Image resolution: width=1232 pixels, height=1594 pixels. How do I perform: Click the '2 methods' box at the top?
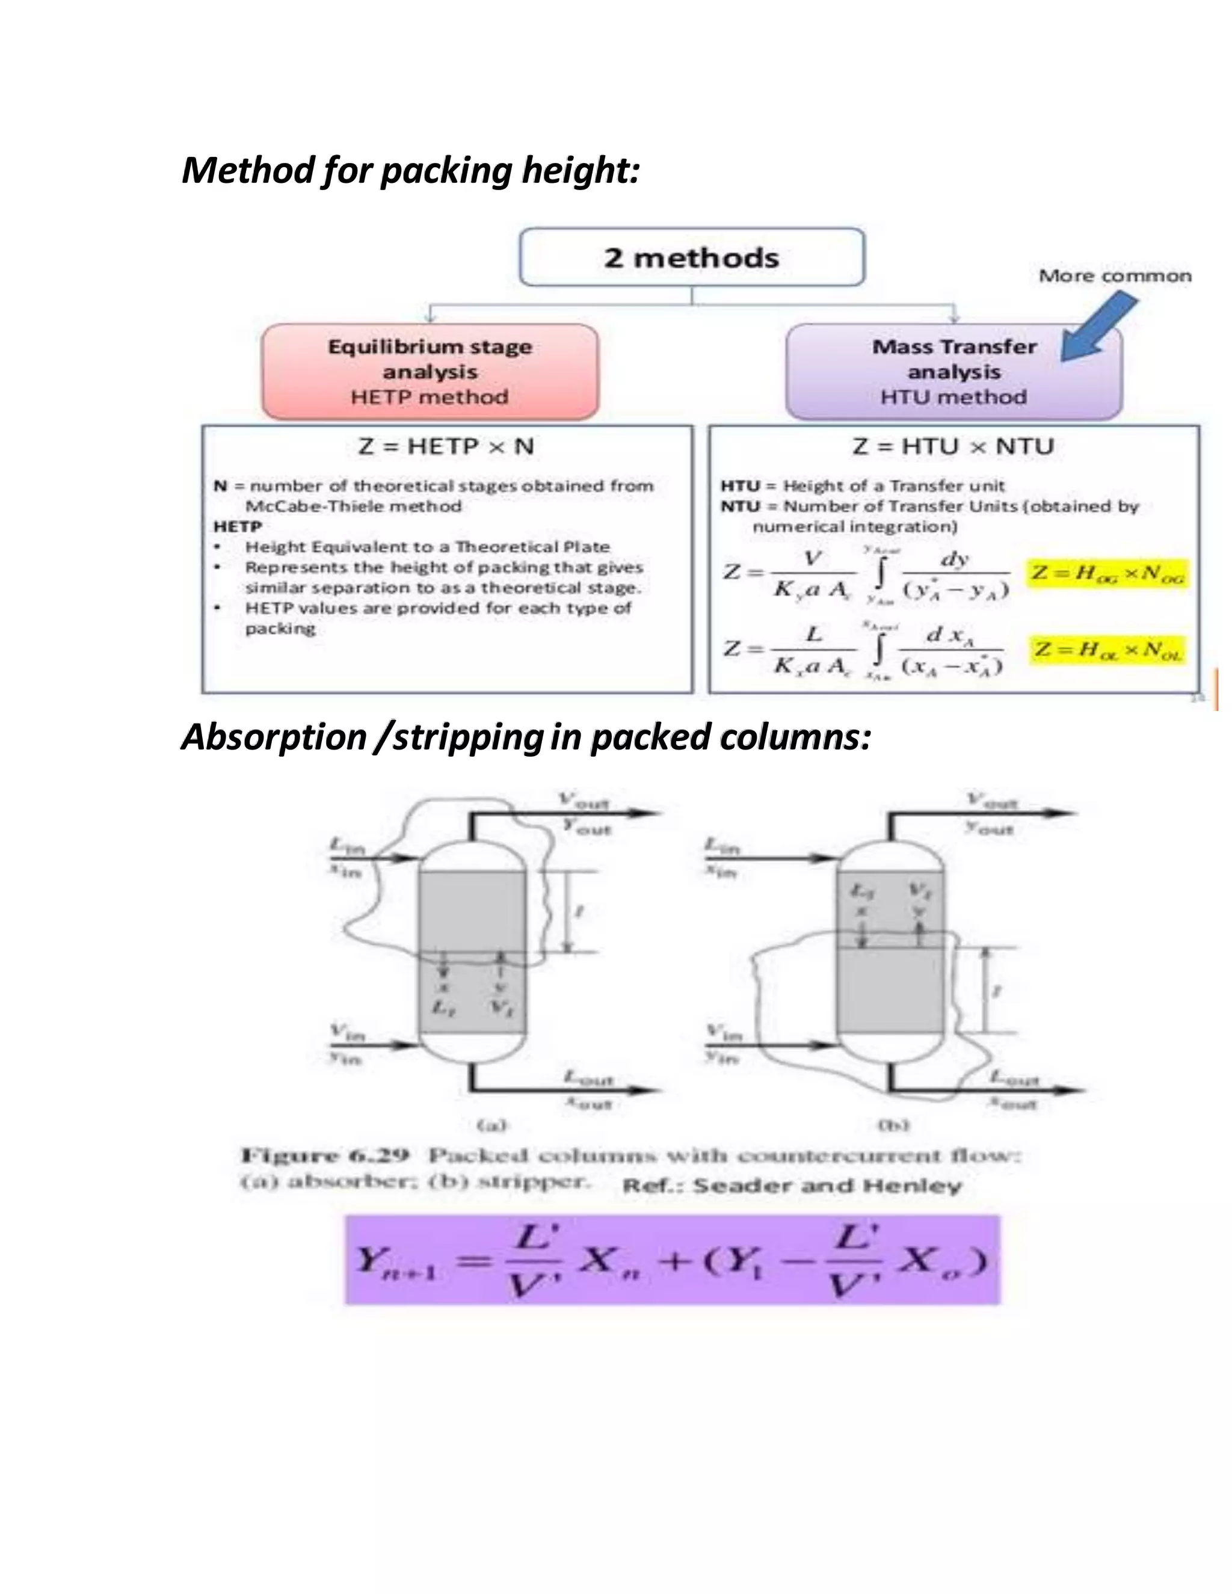tap(691, 257)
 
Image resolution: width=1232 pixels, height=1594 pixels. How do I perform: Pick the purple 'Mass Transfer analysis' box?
tap(953, 372)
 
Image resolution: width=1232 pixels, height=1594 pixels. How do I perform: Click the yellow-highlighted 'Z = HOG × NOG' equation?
tap(1107, 574)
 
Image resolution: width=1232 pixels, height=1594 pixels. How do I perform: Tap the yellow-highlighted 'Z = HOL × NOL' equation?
tap(1107, 650)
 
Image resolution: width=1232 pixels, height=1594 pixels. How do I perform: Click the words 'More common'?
tap(1115, 276)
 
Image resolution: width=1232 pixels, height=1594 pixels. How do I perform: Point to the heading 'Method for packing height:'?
tap(410, 170)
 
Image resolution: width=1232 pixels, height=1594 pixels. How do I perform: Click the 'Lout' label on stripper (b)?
tap(1014, 1077)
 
